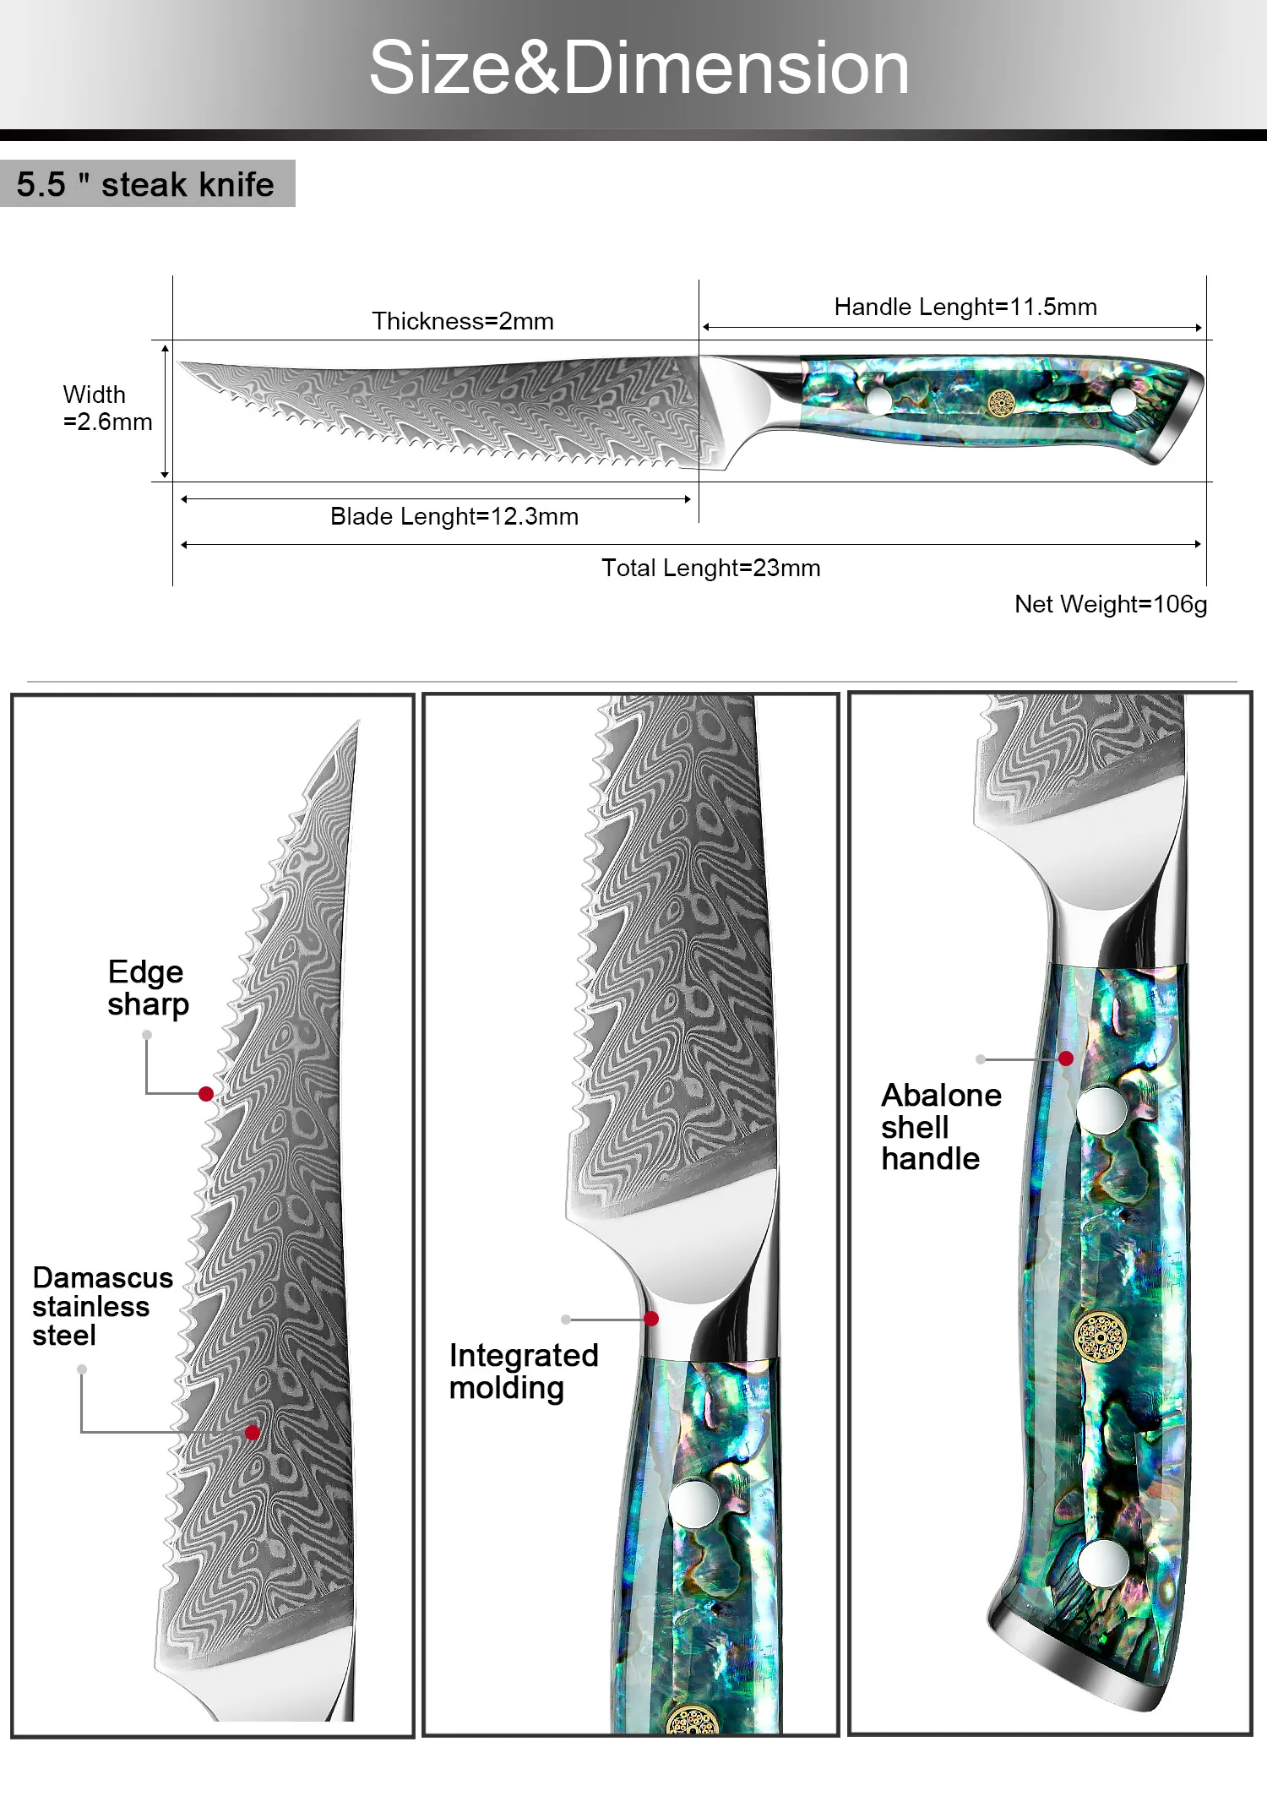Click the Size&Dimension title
pyautogui.click(x=639, y=68)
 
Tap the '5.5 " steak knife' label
pyautogui.click(x=145, y=184)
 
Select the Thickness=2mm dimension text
pyautogui.click(x=463, y=321)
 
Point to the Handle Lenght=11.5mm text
pyautogui.click(x=965, y=307)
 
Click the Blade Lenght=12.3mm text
pyautogui.click(x=454, y=516)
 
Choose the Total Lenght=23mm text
pyautogui.click(x=710, y=568)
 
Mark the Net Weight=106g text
pyautogui.click(x=1110, y=604)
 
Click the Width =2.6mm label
pyautogui.click(x=106, y=408)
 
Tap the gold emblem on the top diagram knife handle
pyautogui.click(x=1001, y=404)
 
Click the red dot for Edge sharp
pyautogui.click(x=206, y=1094)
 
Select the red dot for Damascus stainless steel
pyautogui.click(x=253, y=1432)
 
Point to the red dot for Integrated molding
pyautogui.click(x=651, y=1319)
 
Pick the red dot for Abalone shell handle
pyautogui.click(x=1066, y=1059)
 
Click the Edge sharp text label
pyautogui.click(x=148, y=988)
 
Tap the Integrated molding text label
pyautogui.click(x=523, y=1371)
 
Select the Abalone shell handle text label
pyautogui.click(x=941, y=1127)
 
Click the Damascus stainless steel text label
pyautogui.click(x=102, y=1306)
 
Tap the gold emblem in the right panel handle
pyautogui.click(x=1100, y=1337)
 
